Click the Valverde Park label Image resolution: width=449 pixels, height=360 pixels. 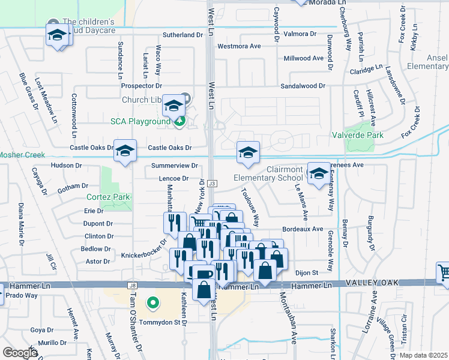(x=358, y=135)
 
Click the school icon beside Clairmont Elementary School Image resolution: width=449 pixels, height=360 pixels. (x=319, y=174)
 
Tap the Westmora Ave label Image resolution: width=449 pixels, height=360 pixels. (x=239, y=46)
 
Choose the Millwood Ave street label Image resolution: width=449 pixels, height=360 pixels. (x=303, y=58)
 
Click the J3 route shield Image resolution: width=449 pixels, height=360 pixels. (x=212, y=183)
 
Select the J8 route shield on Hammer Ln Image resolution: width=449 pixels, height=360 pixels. (x=133, y=286)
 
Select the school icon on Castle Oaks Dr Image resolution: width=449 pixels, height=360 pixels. (x=125, y=151)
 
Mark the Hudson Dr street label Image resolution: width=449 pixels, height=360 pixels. (x=65, y=165)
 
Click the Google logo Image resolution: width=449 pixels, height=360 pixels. (x=20, y=353)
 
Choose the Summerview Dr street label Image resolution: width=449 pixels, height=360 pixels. (x=174, y=165)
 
